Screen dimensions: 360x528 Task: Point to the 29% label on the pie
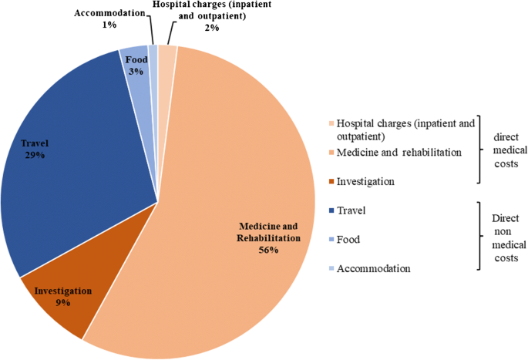[x=33, y=155]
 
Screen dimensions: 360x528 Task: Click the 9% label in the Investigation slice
[x=63, y=303]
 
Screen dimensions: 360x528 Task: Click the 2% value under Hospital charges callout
[x=212, y=28]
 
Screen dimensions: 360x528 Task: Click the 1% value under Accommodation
[x=109, y=25]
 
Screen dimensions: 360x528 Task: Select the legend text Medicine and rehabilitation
[x=400, y=153]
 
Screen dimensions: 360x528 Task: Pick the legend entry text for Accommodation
[x=375, y=268]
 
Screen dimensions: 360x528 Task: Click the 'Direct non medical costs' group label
[x=506, y=239]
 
